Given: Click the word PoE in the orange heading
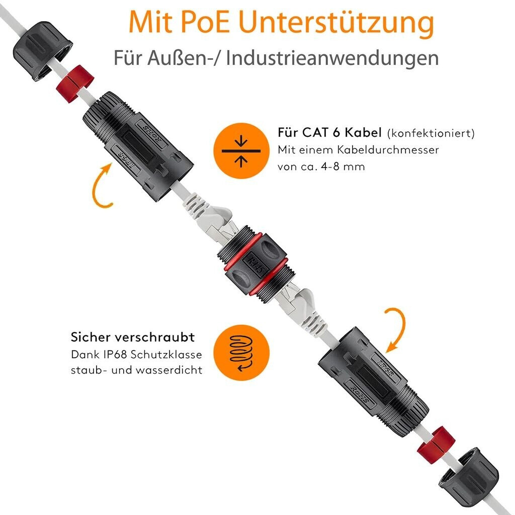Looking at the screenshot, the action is [205, 22].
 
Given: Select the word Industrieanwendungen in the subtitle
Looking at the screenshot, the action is [332, 58].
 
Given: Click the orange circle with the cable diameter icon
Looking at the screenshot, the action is [241, 151].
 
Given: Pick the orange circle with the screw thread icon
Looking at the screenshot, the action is [241, 353].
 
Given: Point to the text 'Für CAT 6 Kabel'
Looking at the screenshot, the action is [330, 132].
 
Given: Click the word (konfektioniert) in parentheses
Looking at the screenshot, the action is [431, 133].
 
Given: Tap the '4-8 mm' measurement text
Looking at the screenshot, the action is [343, 166].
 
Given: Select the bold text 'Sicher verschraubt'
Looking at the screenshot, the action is [133, 337].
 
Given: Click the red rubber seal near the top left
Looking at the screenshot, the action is [75, 84].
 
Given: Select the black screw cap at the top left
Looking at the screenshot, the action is [42, 51].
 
